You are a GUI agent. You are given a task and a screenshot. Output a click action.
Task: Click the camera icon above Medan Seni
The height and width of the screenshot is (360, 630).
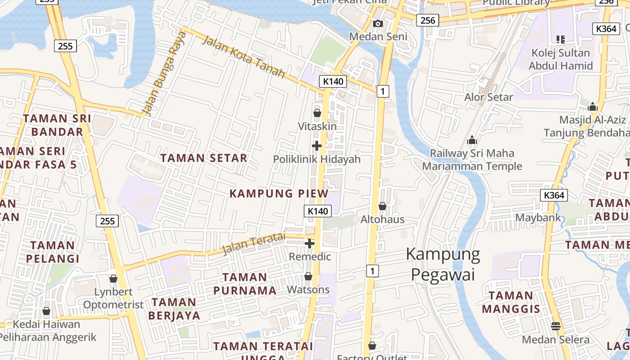coord(378,23)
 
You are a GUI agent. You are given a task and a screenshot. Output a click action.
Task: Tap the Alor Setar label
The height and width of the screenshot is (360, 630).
coord(489,97)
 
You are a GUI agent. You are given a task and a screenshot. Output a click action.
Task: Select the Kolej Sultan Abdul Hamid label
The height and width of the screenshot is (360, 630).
coord(560,59)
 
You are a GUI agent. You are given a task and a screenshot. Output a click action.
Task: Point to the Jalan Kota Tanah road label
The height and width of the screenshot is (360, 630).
coord(243,57)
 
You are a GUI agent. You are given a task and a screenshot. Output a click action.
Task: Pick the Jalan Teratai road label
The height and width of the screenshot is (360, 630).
coord(254,243)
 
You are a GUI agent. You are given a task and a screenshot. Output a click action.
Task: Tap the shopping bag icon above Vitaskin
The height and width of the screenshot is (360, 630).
coord(317,113)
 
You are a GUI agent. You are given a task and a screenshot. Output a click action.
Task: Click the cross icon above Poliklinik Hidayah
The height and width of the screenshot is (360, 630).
coord(317,146)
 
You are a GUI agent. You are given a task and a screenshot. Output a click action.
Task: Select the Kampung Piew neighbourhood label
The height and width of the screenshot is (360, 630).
coord(279,193)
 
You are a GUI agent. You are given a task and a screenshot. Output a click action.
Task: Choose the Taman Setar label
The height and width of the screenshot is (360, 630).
coord(204,158)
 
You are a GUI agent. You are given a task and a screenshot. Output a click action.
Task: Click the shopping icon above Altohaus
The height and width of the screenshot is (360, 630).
coord(382,206)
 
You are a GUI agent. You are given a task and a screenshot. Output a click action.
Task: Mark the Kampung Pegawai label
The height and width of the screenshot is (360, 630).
coord(443,264)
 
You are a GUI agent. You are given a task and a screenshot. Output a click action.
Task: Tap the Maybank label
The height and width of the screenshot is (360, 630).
coord(538,218)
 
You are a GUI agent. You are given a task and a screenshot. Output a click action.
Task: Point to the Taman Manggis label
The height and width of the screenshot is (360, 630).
coord(511,302)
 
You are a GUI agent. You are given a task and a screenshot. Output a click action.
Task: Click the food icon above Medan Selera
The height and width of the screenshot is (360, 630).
coord(556,326)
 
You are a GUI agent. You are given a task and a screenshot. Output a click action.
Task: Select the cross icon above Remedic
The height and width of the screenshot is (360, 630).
coord(310,243)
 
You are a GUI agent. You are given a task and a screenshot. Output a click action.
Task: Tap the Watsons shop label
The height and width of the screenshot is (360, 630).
coord(309,289)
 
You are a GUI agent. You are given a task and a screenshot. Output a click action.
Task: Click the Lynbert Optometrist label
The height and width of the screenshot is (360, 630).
coord(113,298)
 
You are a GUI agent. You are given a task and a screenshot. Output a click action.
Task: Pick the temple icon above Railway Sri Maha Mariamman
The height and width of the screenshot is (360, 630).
coord(472,140)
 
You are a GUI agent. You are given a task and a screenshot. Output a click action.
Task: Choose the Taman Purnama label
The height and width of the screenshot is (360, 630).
coord(245,283)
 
